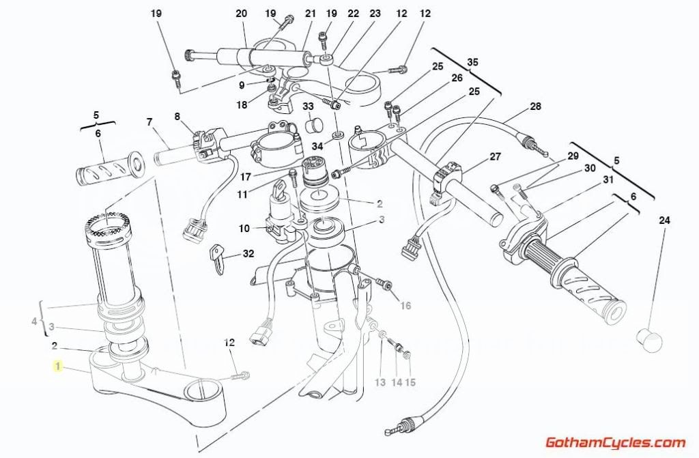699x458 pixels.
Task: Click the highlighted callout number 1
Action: pos(58,367)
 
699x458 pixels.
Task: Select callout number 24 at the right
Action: pos(664,220)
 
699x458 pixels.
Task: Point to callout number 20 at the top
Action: pos(241,13)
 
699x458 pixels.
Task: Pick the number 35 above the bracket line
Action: pos(472,63)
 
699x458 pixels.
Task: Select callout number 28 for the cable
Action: pos(535,106)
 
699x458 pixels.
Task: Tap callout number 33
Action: pos(308,106)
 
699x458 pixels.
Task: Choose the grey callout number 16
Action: pos(405,305)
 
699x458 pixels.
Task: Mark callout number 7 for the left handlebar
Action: pos(149,123)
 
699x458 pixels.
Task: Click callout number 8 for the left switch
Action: pos(178,117)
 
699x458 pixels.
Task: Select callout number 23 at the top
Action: pos(375,13)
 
